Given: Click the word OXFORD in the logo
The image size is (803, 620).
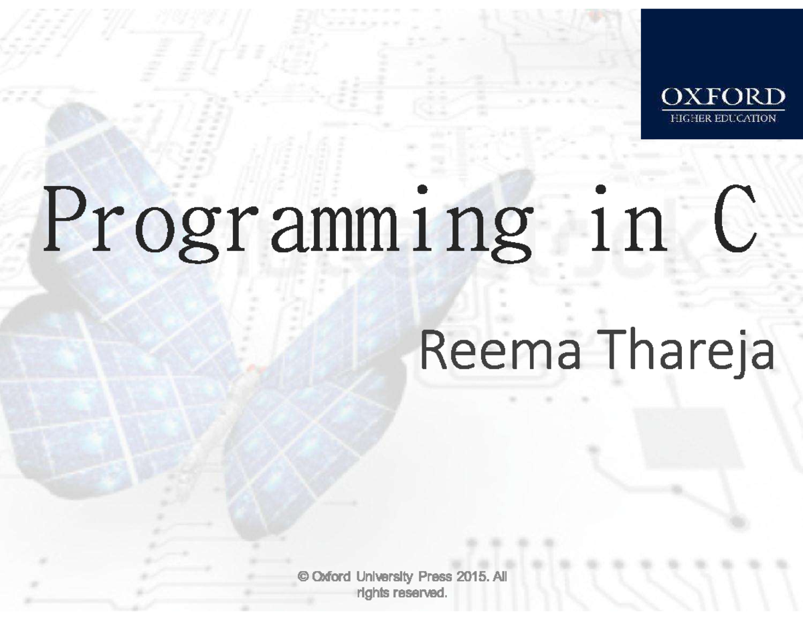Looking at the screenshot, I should pyautogui.click(x=723, y=98).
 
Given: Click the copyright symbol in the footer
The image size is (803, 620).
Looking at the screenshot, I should pyautogui.click(x=302, y=577).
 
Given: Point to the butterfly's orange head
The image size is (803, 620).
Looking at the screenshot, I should pyautogui.click(x=251, y=368).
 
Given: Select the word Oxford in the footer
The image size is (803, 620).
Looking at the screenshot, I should pyautogui.click(x=331, y=577).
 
